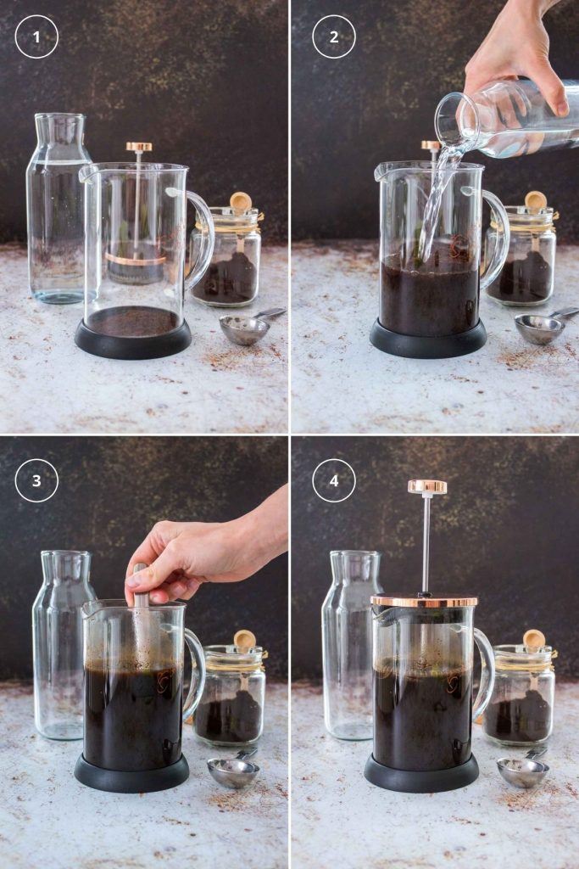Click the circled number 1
pos(36,36)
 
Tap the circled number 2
pos(334,36)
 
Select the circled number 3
pos(36,480)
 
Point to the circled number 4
pos(334,480)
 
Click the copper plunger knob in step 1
pos(139,147)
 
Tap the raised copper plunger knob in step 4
pos(427,487)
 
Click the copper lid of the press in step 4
pos(424,600)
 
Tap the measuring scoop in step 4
pos(523,770)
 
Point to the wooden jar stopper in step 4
pos(534,639)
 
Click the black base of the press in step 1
pos(133,339)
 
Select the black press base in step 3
pos(131,773)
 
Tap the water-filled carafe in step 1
pos(58,209)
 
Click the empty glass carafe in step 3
pos(62,645)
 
